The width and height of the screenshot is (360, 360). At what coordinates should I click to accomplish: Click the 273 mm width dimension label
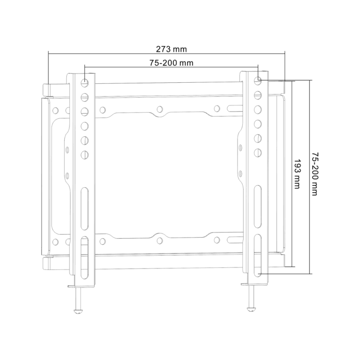click(x=171, y=49)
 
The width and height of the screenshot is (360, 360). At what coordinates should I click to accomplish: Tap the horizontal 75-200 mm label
click(x=171, y=63)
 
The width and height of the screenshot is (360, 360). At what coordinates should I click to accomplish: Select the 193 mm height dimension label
click(x=297, y=174)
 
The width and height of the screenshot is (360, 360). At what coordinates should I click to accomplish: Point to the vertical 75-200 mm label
click(x=314, y=174)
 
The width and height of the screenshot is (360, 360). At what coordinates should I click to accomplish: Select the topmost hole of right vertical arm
click(x=258, y=80)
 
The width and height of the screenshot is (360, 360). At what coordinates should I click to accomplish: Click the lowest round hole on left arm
click(x=85, y=154)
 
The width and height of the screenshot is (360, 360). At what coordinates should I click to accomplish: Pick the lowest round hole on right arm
click(x=258, y=153)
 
